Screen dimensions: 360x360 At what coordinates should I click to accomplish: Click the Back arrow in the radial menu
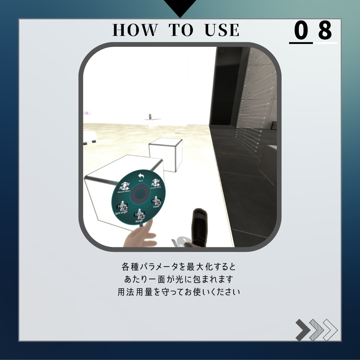point(141,177)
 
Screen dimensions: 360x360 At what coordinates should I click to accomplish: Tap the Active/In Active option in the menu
point(156,184)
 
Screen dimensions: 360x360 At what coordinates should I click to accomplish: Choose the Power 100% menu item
point(156,202)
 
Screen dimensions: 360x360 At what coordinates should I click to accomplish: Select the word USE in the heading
point(222,31)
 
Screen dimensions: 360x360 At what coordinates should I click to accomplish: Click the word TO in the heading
point(181,31)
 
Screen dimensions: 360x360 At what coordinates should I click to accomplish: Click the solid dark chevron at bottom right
point(303,330)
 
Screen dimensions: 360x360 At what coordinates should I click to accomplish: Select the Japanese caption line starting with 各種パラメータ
point(179,267)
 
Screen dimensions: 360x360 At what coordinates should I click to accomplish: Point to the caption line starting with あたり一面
point(179,279)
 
